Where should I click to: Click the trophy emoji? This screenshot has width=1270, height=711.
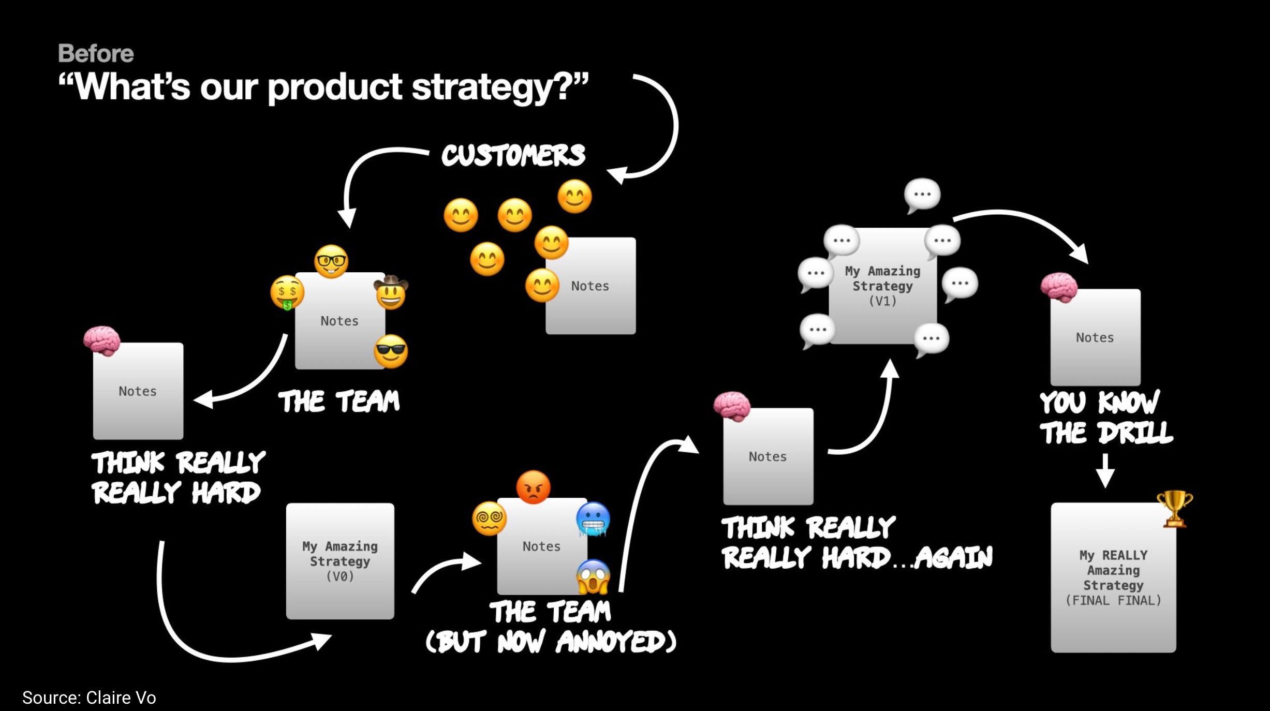pyautogui.click(x=1174, y=509)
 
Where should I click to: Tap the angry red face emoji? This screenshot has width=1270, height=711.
pyautogui.click(x=533, y=487)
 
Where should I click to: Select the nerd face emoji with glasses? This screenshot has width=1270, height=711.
pyautogui.click(x=331, y=261)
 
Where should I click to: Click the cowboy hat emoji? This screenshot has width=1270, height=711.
pyautogui.click(x=391, y=292)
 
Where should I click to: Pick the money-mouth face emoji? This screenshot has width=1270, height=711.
pyautogui.click(x=287, y=292)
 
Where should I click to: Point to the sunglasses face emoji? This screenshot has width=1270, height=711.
pyautogui.click(x=391, y=351)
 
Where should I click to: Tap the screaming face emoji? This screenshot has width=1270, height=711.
pyautogui.click(x=593, y=576)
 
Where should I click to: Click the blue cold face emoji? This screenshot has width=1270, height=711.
pyautogui.click(x=593, y=519)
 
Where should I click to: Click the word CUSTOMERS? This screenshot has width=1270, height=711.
pyautogui.click(x=513, y=155)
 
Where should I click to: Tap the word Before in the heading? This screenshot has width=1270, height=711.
pyautogui.click(x=96, y=53)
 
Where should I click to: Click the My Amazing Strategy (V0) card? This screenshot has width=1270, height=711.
pyautogui.click(x=340, y=561)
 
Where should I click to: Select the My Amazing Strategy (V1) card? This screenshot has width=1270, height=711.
pyautogui.click(x=882, y=286)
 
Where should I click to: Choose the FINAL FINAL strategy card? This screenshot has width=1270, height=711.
pyautogui.click(x=1113, y=577)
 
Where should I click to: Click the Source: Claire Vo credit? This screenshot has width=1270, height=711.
pyautogui.click(x=89, y=698)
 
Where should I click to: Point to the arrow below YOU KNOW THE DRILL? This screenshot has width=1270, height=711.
pyautogui.click(x=1105, y=471)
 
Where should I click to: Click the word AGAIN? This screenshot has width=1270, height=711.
pyautogui.click(x=953, y=558)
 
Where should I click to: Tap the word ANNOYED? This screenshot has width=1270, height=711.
pyautogui.click(x=616, y=642)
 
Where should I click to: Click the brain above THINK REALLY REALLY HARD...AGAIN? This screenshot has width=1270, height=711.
pyautogui.click(x=732, y=406)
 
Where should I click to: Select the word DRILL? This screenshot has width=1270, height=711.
pyautogui.click(x=1136, y=433)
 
